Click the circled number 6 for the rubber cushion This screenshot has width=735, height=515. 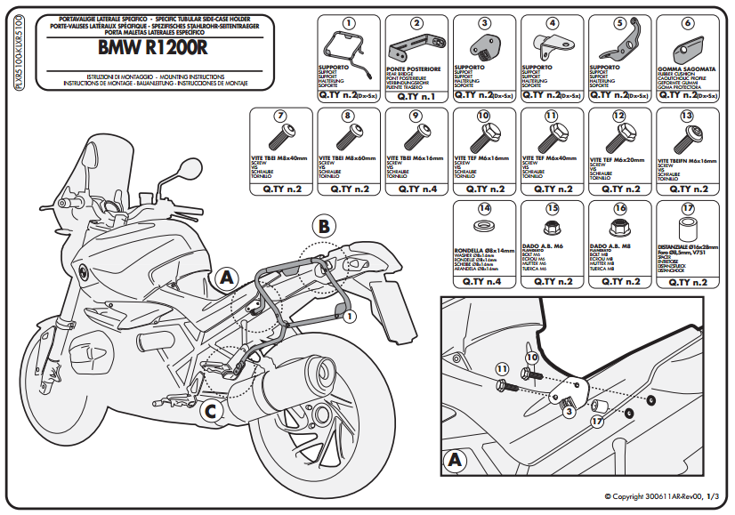point(687,23)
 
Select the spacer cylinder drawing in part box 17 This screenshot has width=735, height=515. point(687,233)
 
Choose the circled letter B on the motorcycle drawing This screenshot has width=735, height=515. point(324,227)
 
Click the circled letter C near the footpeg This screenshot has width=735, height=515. point(209,410)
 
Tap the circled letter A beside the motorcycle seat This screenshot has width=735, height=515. point(226,278)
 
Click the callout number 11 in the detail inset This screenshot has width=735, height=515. point(502,367)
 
